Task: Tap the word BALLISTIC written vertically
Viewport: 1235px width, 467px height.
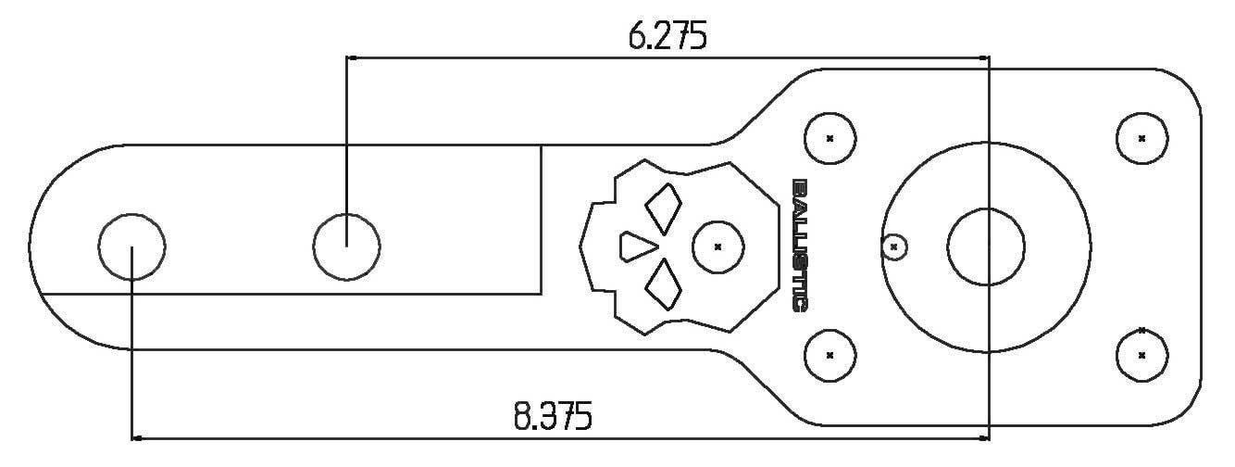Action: [x=801, y=246]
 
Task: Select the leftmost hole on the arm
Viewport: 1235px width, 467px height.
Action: [x=131, y=246]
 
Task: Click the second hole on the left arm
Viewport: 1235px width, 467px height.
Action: [x=346, y=246]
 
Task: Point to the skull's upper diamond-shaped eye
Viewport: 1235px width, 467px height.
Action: [x=664, y=209]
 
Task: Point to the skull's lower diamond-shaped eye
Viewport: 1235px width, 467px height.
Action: [x=664, y=284]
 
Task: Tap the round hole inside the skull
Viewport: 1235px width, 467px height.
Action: [x=718, y=246]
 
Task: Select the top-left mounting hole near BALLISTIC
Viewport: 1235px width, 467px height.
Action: [x=830, y=138]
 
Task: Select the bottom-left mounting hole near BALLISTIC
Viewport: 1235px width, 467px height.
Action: [x=830, y=355]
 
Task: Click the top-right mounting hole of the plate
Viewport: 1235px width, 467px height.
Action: [x=1141, y=138]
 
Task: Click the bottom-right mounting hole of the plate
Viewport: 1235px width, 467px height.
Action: [x=1141, y=355]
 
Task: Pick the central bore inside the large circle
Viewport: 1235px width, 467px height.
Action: [x=986, y=246]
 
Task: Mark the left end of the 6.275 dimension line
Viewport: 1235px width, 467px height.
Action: [x=349, y=57]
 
